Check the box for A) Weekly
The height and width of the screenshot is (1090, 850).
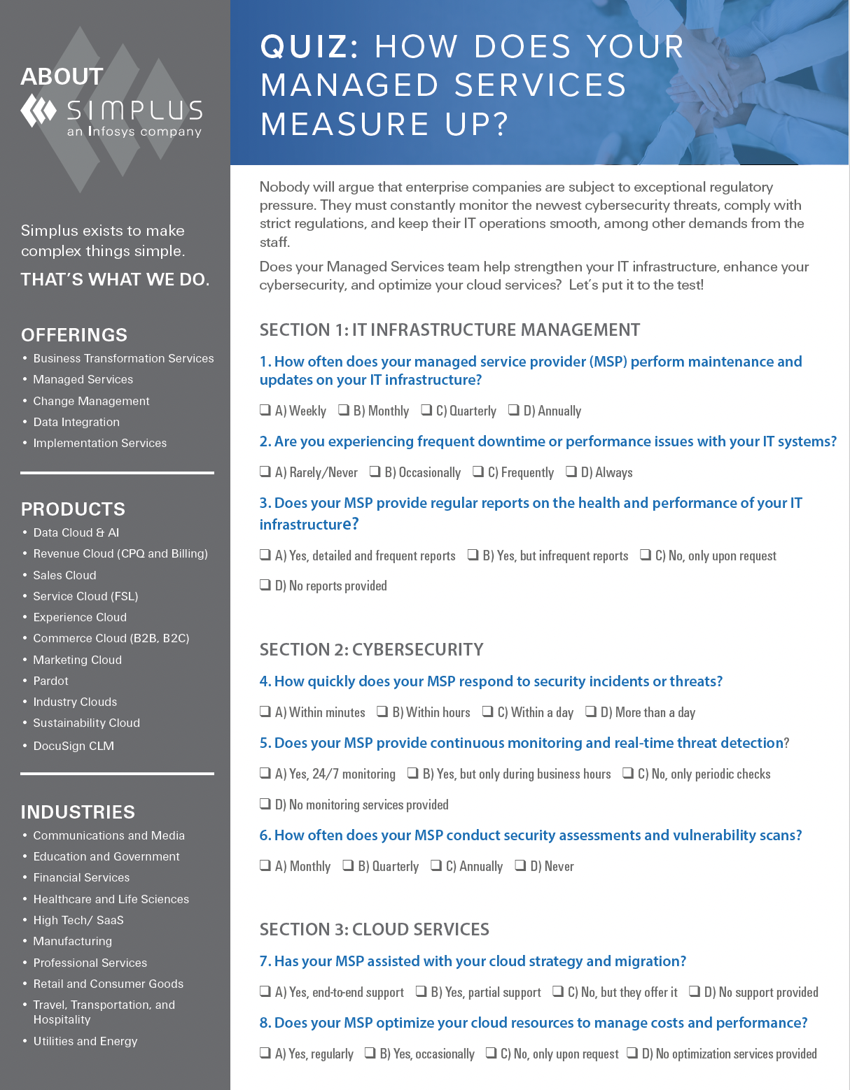[x=265, y=410]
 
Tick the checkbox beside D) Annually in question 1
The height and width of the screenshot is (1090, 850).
[x=514, y=410]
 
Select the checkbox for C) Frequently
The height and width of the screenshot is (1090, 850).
[x=478, y=472]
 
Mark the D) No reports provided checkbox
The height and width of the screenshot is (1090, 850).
[x=265, y=585]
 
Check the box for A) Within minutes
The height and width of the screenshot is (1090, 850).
[x=265, y=712]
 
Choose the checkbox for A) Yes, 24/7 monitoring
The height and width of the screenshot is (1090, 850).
[x=265, y=773]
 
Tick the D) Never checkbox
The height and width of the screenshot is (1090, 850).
[x=520, y=865]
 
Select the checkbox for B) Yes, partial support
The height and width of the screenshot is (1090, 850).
[x=421, y=991]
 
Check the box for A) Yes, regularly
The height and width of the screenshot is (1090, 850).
[x=265, y=1053]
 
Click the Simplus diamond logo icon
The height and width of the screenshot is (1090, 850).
[x=39, y=111]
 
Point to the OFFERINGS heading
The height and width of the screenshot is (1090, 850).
[x=74, y=335]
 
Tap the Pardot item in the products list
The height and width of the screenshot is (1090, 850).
[x=51, y=681]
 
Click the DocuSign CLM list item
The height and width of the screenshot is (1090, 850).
[x=74, y=746]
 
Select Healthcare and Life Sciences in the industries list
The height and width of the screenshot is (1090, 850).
[x=111, y=899]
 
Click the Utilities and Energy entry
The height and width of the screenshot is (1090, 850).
[x=85, y=1041]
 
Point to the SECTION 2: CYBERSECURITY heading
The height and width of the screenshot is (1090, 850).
[x=371, y=650]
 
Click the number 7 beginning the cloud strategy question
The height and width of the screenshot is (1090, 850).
[x=264, y=961]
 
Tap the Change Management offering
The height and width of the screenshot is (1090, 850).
[x=92, y=401]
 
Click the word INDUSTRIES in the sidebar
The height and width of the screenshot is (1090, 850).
[x=78, y=812]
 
